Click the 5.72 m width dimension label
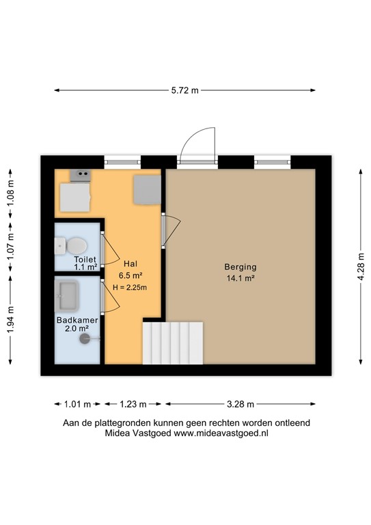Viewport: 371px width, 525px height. [x=184, y=90]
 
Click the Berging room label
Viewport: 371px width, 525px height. [x=240, y=267]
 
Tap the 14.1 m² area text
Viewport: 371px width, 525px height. [x=240, y=278]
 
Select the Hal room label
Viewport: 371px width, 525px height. [x=130, y=263]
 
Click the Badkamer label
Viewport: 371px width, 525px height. [x=77, y=320]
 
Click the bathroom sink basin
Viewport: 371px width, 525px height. [x=68, y=295]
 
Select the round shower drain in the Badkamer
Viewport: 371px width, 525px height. [x=85, y=337]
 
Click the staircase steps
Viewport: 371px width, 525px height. [x=173, y=344]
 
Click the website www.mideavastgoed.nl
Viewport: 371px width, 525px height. [x=221, y=433]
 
